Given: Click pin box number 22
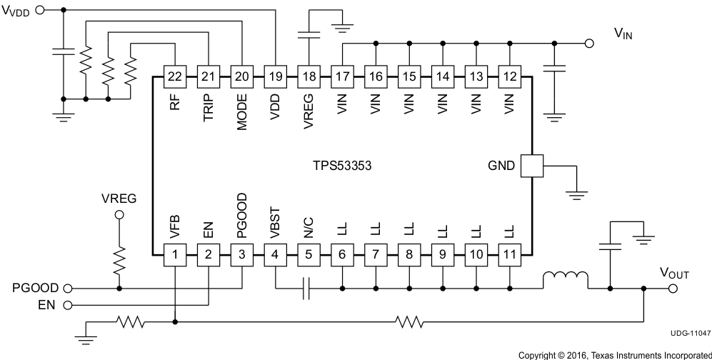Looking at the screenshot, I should click(174, 75).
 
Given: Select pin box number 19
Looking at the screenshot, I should click(274, 75).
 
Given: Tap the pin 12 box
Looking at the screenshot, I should click(509, 75).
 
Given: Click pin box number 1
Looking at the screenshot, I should click(174, 254).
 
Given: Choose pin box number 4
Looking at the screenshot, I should click(275, 254).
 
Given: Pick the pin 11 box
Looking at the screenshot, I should click(509, 254).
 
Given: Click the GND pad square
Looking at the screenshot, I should click(532, 166).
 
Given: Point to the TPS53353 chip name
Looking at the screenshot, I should click(341, 165).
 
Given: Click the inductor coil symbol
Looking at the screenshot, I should click(565, 279).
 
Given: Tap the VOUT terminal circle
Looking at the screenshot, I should click(671, 289).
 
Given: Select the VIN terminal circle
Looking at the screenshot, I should click(589, 44).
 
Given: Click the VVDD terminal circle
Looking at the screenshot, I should click(39, 10).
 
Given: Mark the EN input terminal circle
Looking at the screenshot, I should click(68, 305).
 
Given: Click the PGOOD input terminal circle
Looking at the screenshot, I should click(68, 289).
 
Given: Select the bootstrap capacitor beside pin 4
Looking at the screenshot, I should click(306, 289).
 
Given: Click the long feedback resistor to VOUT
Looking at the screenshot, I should click(408, 322).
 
